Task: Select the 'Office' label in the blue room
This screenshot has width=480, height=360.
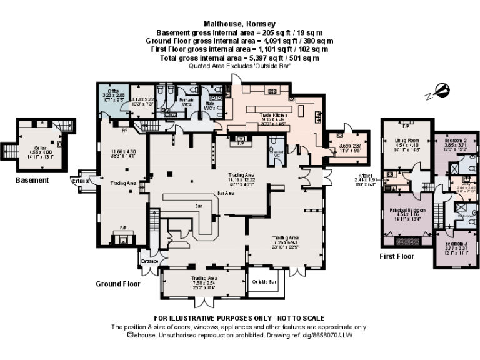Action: click(114, 91)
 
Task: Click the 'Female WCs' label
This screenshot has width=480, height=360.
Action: click(186, 100)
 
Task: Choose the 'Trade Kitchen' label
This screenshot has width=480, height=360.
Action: click(274, 116)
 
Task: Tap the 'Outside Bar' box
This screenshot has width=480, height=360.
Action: click(264, 282)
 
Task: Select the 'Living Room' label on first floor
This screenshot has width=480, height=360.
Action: click(405, 141)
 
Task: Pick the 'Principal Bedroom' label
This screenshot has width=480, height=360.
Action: click(404, 211)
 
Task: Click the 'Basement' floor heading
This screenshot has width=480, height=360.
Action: click(32, 180)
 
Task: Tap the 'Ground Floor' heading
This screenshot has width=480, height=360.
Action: click(118, 284)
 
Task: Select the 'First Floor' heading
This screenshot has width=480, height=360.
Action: click(397, 256)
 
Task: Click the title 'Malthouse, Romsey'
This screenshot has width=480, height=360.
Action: click(240, 25)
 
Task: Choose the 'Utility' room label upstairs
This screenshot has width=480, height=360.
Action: click(464, 184)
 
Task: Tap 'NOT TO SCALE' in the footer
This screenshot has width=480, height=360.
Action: click(295, 318)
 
